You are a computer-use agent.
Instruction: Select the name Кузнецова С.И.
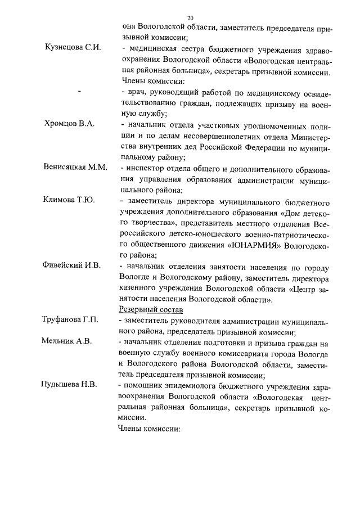[73, 47]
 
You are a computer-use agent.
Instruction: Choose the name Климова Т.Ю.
[69, 200]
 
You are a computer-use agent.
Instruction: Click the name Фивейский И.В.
[72, 265]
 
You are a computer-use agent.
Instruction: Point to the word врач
[134, 91]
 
